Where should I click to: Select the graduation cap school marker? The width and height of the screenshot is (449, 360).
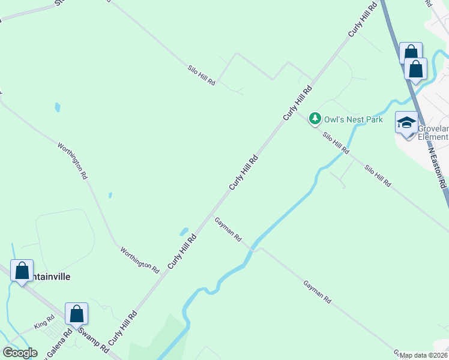pos(406,124)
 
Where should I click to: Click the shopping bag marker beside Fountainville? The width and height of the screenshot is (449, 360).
pos(22,271)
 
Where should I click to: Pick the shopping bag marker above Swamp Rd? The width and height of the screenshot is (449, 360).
pos(76,314)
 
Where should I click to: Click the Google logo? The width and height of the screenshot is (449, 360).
pos(20,353)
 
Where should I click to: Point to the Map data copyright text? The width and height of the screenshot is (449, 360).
pos(423,355)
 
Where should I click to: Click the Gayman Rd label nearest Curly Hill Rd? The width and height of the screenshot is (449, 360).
pos(228,229)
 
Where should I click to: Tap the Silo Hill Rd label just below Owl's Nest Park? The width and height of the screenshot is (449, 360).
pos(336,143)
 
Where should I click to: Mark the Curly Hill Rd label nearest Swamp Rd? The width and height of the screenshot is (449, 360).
pos(127,325)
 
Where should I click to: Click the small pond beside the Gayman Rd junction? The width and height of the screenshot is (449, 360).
pos(184,232)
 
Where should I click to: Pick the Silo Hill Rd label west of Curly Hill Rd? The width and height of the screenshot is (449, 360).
pos(202,75)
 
